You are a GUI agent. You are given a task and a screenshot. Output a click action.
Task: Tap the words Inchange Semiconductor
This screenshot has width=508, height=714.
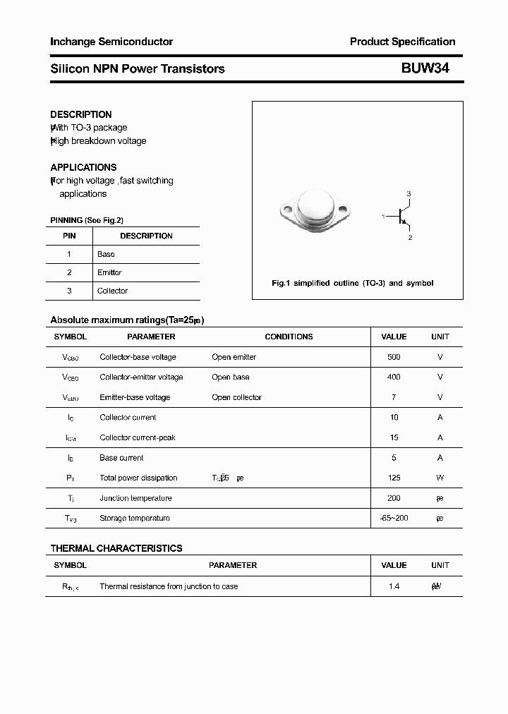point(111,42)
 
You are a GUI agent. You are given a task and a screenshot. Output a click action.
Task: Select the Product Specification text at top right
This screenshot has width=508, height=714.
point(402,42)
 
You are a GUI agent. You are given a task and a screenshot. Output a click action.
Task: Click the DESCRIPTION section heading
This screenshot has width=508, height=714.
point(81,114)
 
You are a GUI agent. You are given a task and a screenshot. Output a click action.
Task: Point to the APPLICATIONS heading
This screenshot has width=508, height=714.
point(83,167)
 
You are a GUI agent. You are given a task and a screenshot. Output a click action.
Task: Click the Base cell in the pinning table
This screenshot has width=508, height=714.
point(106,254)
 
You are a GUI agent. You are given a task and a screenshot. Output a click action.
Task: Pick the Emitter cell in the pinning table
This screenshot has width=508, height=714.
point(109,272)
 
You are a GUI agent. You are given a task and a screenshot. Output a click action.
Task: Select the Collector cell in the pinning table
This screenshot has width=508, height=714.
point(112,291)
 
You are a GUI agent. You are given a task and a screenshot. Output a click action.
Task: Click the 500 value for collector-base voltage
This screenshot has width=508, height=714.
point(394,357)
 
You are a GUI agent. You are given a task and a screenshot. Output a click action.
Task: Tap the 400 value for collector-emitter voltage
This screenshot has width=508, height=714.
point(394,377)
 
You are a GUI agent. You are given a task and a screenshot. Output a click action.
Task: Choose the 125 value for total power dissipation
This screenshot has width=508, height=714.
point(394,478)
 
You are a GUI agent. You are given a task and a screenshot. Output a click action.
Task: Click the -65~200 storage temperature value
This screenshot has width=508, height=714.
point(394,518)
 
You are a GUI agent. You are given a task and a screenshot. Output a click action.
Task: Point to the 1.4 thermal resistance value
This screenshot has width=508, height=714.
point(394,586)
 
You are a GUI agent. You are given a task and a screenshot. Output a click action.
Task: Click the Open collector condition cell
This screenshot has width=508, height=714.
point(236,397)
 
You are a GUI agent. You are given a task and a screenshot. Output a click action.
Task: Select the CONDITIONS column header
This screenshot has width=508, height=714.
point(289,337)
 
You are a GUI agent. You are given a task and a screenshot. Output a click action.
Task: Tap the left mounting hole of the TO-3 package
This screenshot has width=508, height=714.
point(287,209)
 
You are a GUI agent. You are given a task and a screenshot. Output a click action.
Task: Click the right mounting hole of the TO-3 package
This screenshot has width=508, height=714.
point(344,209)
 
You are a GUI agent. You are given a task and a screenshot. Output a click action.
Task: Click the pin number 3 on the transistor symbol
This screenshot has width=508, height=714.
point(409,193)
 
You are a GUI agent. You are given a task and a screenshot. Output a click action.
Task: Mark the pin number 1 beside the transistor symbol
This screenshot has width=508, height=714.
point(383,216)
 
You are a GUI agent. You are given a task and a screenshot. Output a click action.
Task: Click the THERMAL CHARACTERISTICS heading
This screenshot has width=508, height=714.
point(116,548)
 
